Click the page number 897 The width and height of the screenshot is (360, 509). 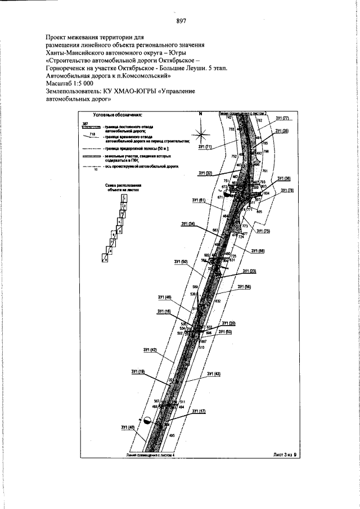coord(181,21)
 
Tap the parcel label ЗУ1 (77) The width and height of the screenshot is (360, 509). coord(282,119)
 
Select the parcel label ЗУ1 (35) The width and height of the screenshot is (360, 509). coord(282,131)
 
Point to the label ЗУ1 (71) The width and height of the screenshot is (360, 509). coord(204,147)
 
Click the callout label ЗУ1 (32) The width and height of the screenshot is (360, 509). coord(205,173)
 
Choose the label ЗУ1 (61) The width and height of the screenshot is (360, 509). coord(198,200)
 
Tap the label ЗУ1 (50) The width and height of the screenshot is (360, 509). coord(181,262)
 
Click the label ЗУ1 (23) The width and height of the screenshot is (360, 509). coord(250,271)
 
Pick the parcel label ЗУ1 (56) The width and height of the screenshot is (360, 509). coord(244,287)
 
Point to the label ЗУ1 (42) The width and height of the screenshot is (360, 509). coord(150,350)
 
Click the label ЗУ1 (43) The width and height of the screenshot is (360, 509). coord(214,374)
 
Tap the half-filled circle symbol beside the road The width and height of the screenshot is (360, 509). coord(147,420)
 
